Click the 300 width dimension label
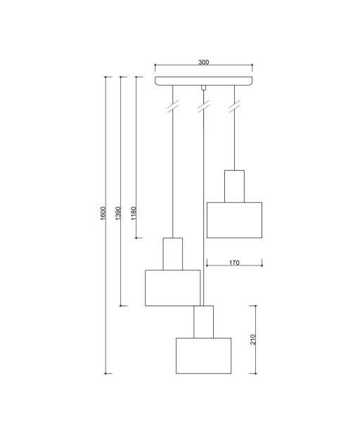(x=204, y=63)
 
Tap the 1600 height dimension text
(x=103, y=214)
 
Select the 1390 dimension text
(x=118, y=214)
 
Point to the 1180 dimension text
(x=134, y=214)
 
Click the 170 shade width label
(x=234, y=263)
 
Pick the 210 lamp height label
(x=253, y=339)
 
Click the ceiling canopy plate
(x=204, y=81)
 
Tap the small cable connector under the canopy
(x=204, y=88)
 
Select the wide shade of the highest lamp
(x=234, y=220)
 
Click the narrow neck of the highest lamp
(x=234, y=186)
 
